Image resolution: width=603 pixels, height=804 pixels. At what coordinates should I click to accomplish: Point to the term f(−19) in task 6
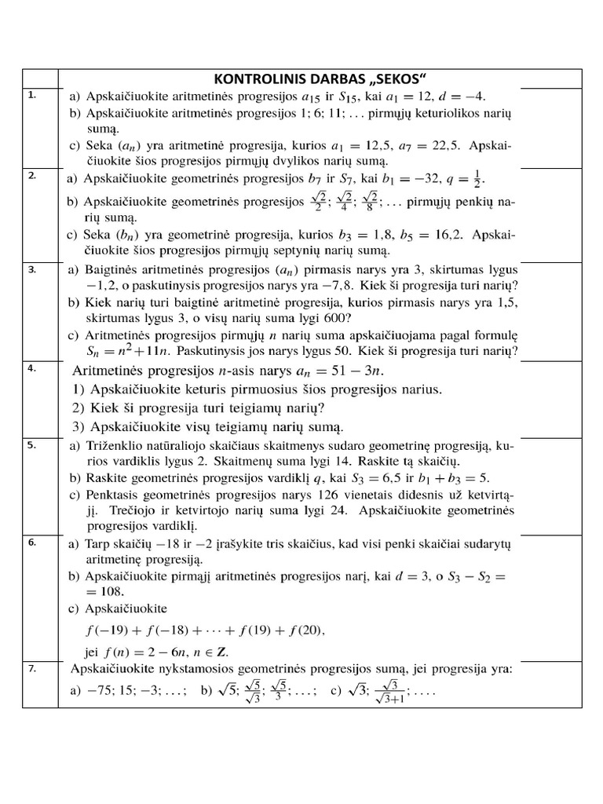(108, 630)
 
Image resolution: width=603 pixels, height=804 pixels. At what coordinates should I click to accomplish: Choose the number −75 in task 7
(101, 693)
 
